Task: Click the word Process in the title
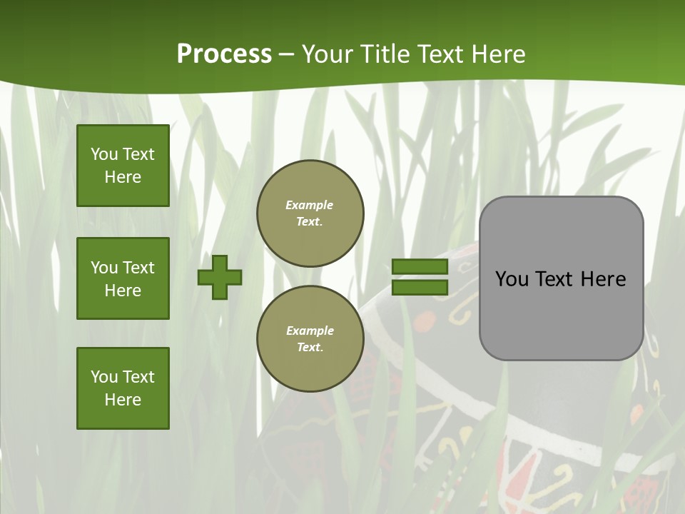[x=224, y=54]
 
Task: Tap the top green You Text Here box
[x=123, y=166]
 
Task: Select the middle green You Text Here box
[x=123, y=278]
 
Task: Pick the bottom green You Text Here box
[x=123, y=388]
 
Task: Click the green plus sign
[x=220, y=277]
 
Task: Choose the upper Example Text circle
[x=310, y=213]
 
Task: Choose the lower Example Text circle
[x=310, y=338]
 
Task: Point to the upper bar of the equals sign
[x=420, y=267]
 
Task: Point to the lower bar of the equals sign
[x=420, y=287]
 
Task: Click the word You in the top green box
[x=104, y=154]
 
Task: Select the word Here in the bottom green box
[x=123, y=400]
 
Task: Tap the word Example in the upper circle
[x=310, y=206]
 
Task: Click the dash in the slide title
[x=287, y=54]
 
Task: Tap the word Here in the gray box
[x=603, y=279]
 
